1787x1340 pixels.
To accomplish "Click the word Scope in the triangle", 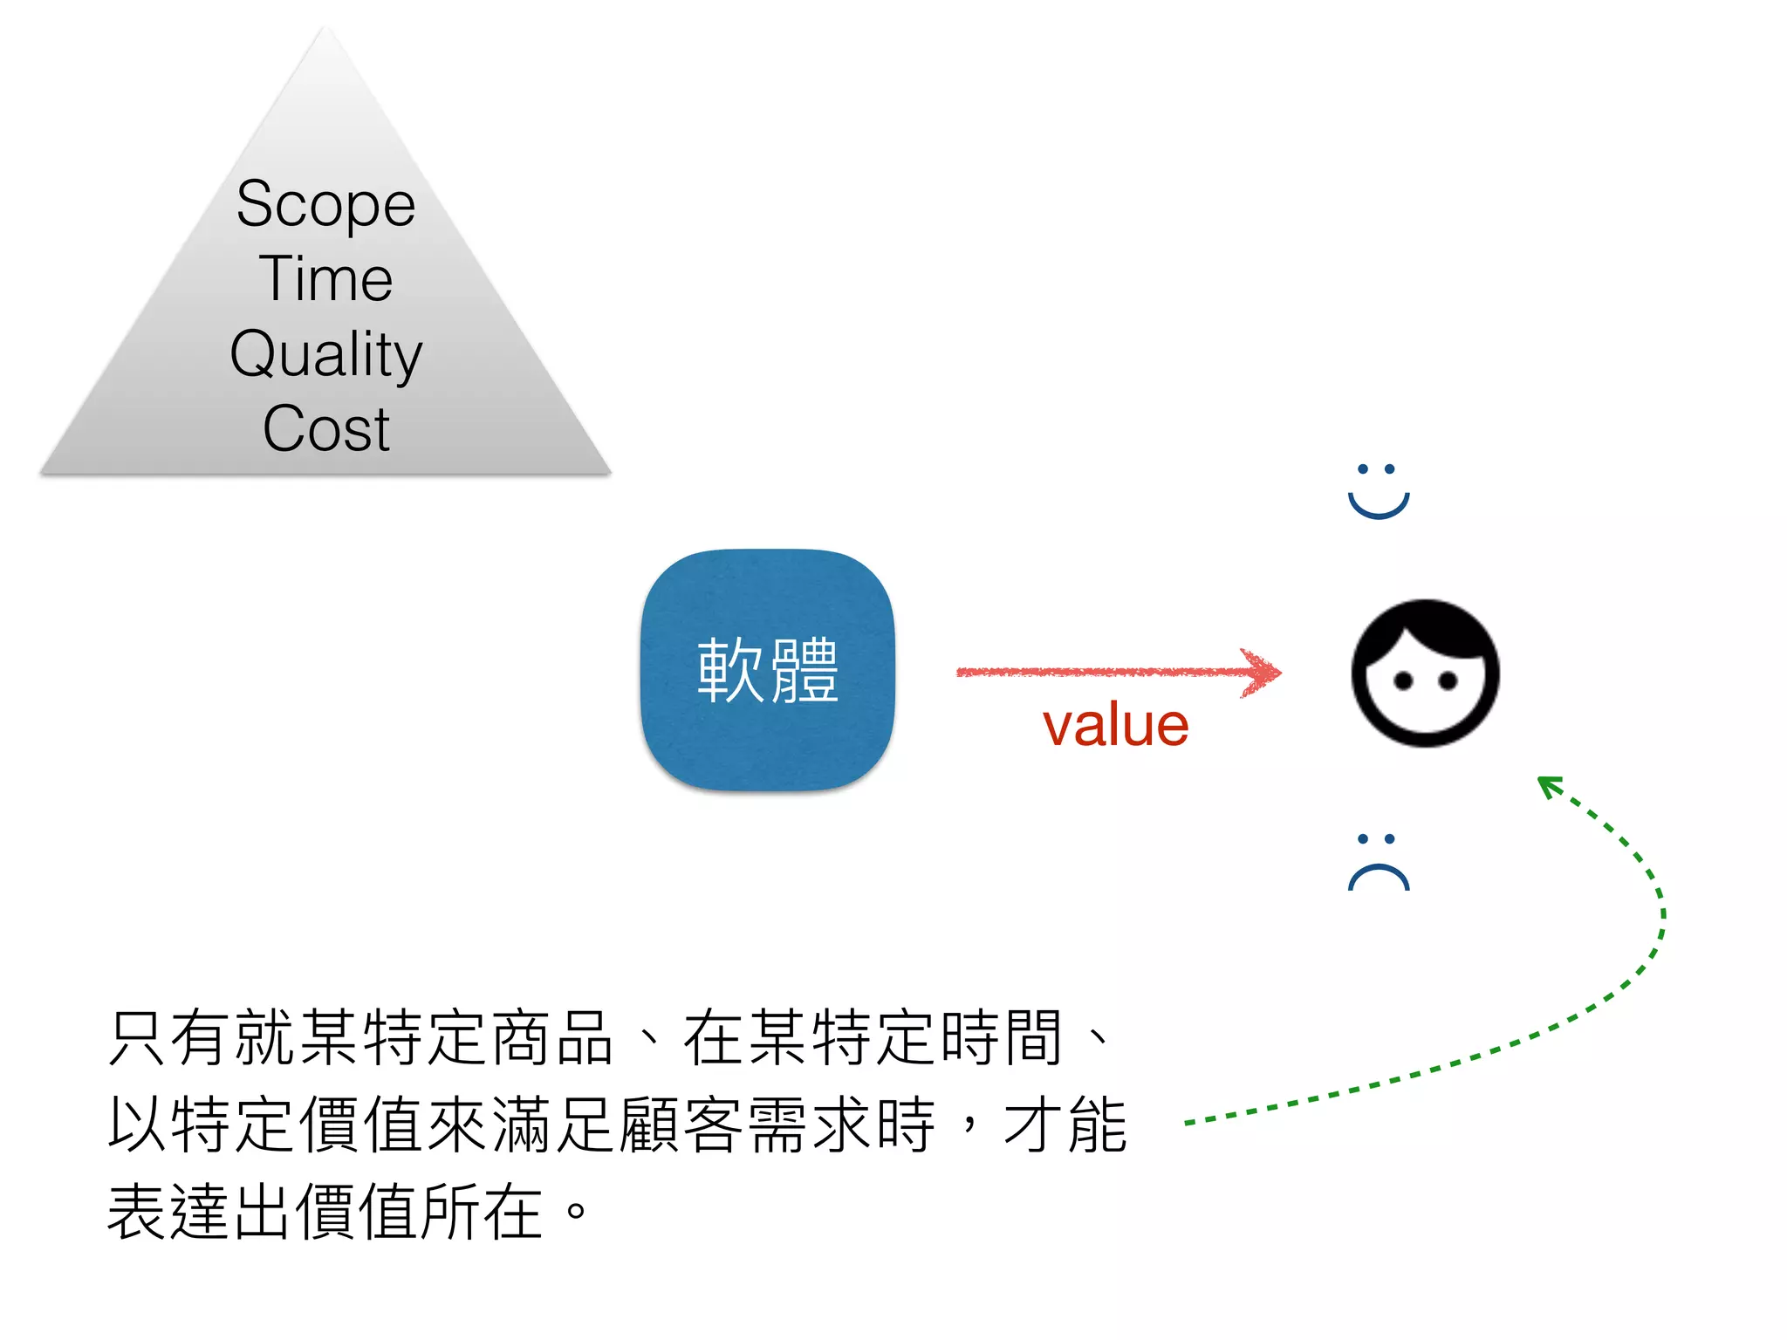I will click(x=325, y=205).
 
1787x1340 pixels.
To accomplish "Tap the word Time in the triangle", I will click(x=325, y=279).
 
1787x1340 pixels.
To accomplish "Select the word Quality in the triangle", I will click(x=325, y=354).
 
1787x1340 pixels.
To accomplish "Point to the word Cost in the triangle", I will click(x=325, y=429).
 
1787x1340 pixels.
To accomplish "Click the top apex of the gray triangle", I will click(x=326, y=31).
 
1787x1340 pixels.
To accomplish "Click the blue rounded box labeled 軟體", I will click(x=767, y=670).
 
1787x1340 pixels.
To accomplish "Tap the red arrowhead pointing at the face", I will click(x=1263, y=672).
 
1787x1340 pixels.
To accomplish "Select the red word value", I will click(x=1115, y=725).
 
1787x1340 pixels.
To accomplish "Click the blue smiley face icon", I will click(x=1378, y=491).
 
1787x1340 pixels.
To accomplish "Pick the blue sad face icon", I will click(x=1378, y=862).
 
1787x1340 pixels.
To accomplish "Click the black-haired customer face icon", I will click(x=1425, y=673).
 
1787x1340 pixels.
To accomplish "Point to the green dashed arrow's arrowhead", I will click(x=1548, y=785).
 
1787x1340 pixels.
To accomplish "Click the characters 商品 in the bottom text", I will click(x=551, y=1038).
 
